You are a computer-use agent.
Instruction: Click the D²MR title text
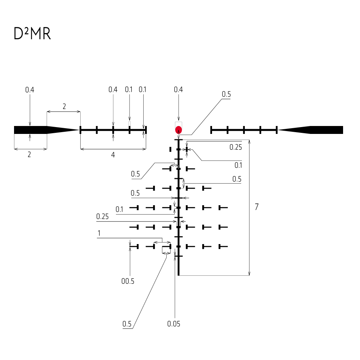[32, 34]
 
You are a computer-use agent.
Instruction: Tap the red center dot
[179, 130]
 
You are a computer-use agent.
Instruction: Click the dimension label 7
[257, 207]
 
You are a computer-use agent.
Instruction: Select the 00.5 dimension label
[128, 281]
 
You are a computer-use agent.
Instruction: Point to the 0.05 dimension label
[174, 324]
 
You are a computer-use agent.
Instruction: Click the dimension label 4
[113, 155]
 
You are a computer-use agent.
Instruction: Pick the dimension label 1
[99, 233]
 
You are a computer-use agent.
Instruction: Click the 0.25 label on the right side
[235, 147]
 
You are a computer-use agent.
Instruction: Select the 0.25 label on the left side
[102, 216]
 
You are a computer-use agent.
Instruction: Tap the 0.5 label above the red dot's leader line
[226, 94]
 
